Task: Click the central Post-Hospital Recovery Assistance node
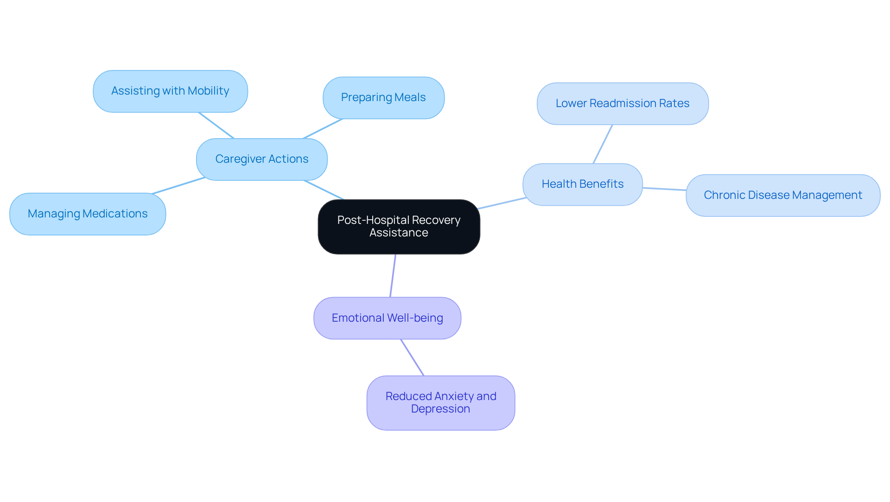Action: (x=399, y=227)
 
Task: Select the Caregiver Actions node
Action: (x=262, y=159)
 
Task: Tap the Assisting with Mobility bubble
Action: (x=170, y=91)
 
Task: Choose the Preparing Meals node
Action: (x=383, y=98)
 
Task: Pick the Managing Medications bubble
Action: (x=88, y=214)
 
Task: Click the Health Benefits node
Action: (x=583, y=184)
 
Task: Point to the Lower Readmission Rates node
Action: (x=623, y=103)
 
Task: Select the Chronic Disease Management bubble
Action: (x=783, y=195)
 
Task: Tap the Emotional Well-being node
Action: (x=387, y=318)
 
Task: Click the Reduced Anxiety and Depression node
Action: (x=440, y=402)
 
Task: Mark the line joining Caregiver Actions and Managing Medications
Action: (x=178, y=185)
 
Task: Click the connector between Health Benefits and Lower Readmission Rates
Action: (x=603, y=144)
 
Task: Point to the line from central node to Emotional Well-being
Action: (x=393, y=276)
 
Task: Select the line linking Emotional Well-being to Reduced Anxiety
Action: (x=412, y=357)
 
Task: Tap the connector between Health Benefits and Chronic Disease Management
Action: (x=664, y=189)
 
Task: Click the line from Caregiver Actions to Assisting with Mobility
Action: (x=216, y=125)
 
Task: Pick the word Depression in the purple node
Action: (x=440, y=409)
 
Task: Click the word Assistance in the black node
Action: (x=399, y=233)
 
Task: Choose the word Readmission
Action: (x=623, y=103)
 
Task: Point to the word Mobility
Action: (x=208, y=91)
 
